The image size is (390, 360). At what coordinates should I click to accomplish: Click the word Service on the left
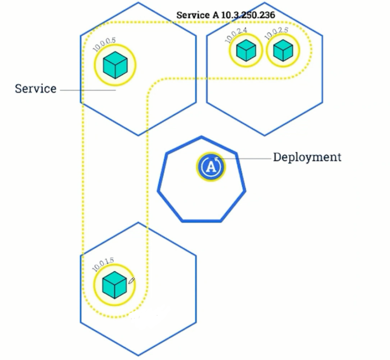[x=36, y=88]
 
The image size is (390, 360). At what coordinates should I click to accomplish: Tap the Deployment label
[x=307, y=158]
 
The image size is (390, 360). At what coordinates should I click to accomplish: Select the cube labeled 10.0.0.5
[x=114, y=65]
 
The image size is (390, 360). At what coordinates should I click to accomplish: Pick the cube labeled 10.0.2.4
[x=246, y=51]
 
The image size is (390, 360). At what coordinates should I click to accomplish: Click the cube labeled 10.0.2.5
[x=282, y=51]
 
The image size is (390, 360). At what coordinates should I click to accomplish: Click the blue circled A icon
[x=211, y=167]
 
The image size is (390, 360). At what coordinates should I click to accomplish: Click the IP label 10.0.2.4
[x=237, y=35]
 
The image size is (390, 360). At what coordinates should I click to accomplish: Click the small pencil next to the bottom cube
[x=132, y=281]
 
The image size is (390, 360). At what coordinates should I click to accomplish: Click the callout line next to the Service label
[x=87, y=90]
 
